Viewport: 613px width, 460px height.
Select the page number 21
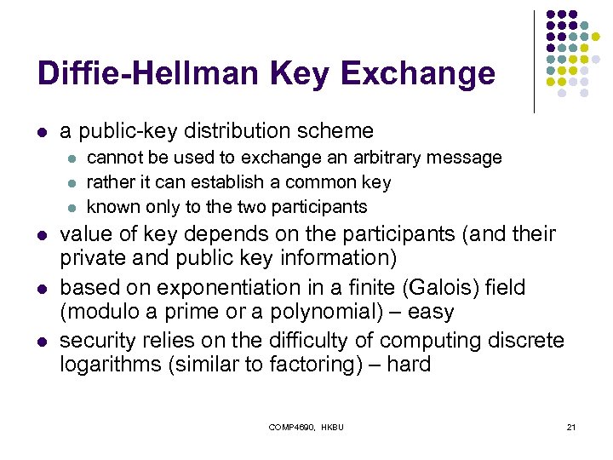pyautogui.click(x=570, y=426)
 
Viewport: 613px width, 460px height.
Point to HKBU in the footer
pyautogui.click(x=331, y=426)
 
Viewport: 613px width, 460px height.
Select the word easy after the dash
pyautogui.click(x=429, y=312)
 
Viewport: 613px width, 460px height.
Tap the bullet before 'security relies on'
pyautogui.click(x=42, y=342)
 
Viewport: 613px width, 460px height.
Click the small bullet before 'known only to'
pyautogui.click(x=72, y=207)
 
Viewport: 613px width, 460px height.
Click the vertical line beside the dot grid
pyautogui.click(x=534, y=61)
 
